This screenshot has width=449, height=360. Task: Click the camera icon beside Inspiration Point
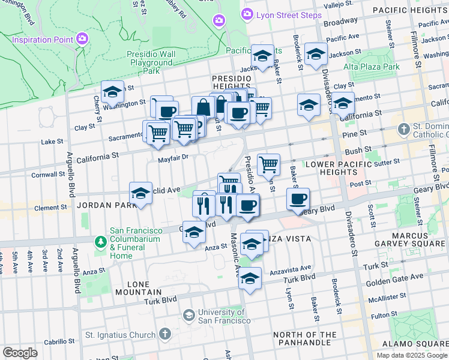pos(83,39)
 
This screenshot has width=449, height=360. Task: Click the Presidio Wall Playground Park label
pos(151,62)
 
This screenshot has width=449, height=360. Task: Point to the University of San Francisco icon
pos(189,315)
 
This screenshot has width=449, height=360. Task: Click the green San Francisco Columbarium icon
pos(100,242)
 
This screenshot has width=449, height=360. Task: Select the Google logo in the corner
pos(20,352)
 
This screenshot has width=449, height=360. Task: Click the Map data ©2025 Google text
pos(411,355)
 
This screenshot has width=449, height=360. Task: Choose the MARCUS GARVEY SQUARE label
pos(414,239)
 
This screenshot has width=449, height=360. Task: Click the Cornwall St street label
pos(49,175)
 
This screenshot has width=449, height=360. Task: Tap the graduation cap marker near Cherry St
pos(112,92)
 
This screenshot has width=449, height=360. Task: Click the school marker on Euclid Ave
pos(140,194)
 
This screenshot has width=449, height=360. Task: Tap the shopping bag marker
pos(203,107)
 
